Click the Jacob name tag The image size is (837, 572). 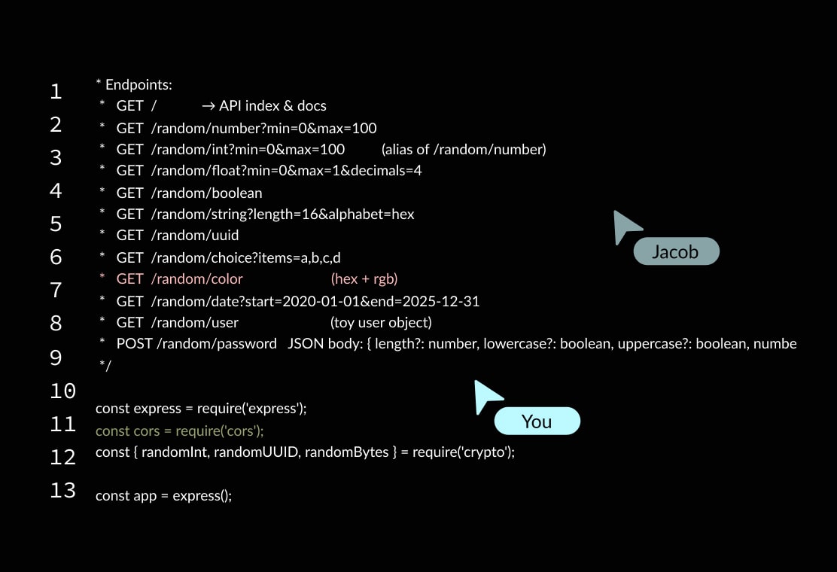[x=675, y=252]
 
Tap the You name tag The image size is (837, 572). [x=537, y=421]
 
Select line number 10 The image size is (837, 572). [x=62, y=391]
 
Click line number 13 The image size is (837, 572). [x=62, y=491]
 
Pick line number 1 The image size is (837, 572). [x=56, y=92]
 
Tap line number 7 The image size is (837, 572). [x=56, y=291]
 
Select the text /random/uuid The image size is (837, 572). [x=195, y=236]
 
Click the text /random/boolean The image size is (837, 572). [x=206, y=193]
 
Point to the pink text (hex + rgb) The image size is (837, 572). [x=364, y=279]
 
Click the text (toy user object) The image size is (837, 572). [x=381, y=323]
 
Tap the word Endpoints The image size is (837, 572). [x=138, y=85]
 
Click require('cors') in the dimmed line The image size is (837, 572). [x=220, y=431]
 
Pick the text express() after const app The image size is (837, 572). [x=202, y=497]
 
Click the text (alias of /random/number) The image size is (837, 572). [x=464, y=150]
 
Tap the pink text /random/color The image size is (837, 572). [x=196, y=279]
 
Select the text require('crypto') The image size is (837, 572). [x=463, y=453]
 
